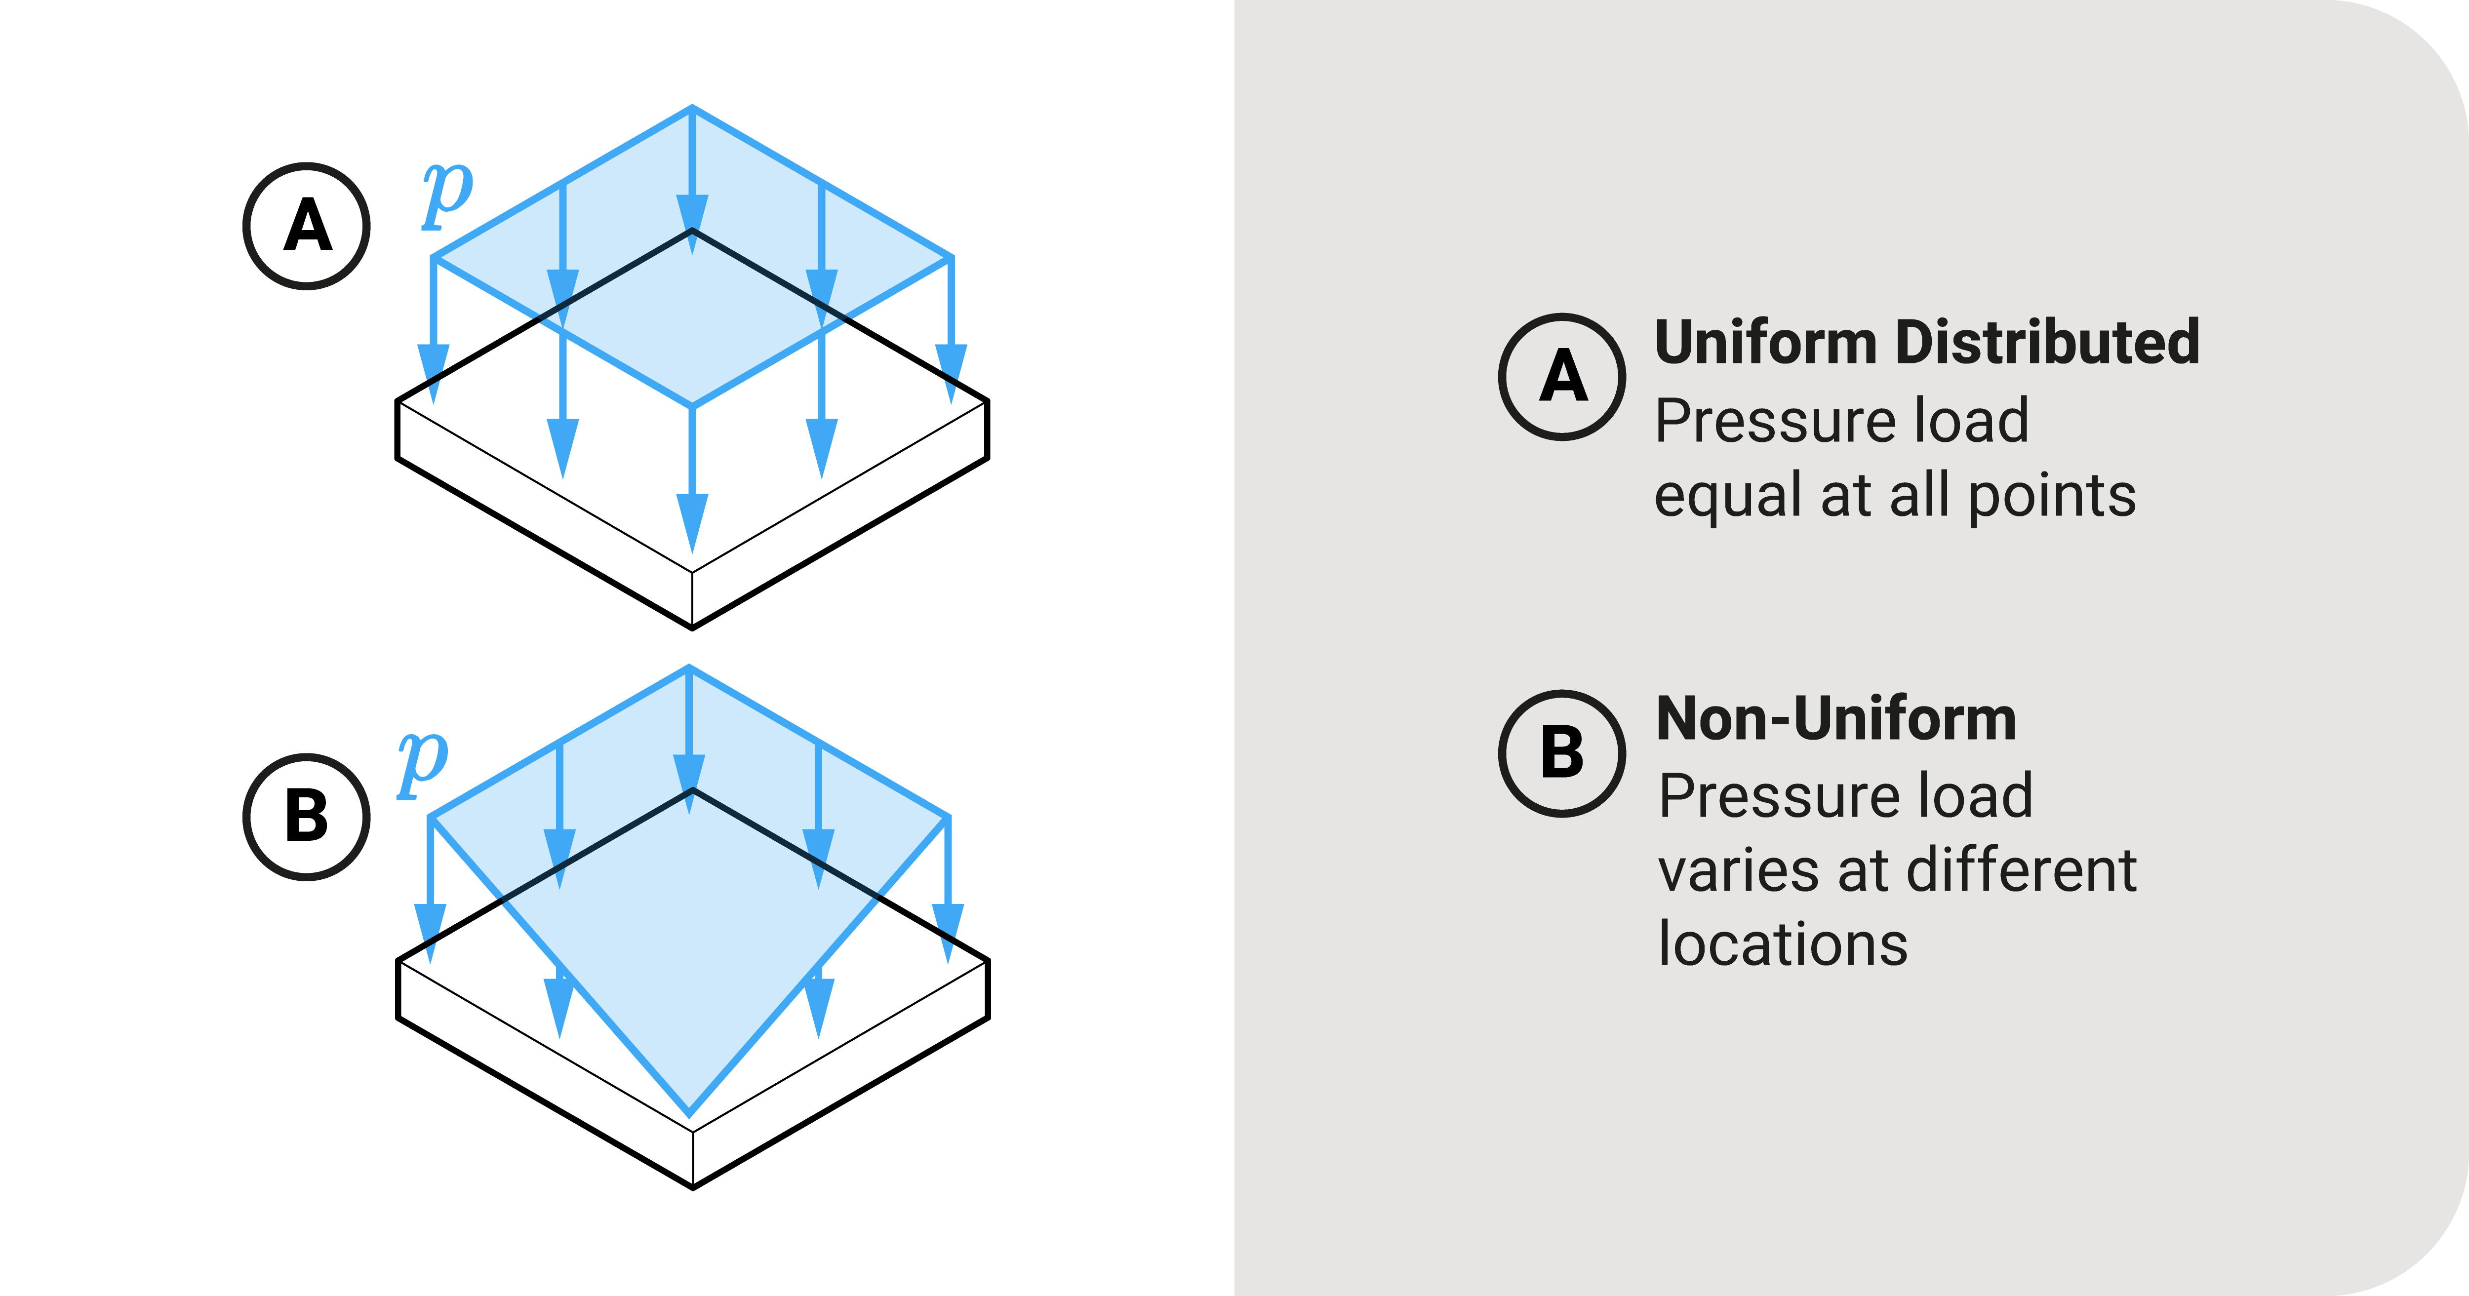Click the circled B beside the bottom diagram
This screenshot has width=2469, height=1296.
[x=307, y=817]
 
